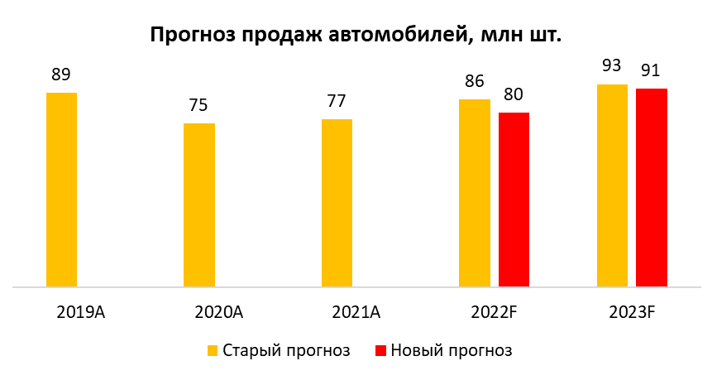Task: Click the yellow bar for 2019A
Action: point(61,190)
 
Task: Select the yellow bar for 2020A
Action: point(199,206)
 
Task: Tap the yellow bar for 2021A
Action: point(337,204)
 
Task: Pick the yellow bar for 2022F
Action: point(475,194)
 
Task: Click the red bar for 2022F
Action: point(514,200)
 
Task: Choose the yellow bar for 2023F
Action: point(612,186)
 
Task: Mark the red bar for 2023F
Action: point(652,189)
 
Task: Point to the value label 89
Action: point(61,75)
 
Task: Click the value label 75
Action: point(198,106)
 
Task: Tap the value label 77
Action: point(337,101)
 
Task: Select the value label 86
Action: point(475,81)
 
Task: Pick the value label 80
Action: point(514,94)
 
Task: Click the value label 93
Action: point(612,66)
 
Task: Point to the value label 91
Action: point(652,70)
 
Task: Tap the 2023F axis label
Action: point(632,313)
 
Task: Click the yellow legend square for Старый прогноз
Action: point(213,351)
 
